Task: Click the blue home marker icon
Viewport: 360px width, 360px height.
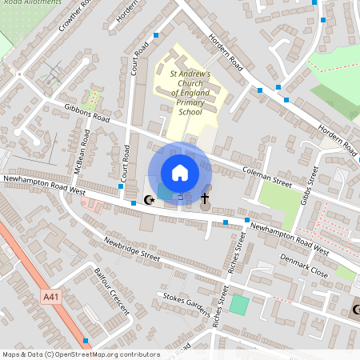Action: tap(180, 173)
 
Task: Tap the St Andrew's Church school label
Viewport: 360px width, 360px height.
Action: tap(190, 93)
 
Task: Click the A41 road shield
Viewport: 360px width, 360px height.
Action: tap(50, 297)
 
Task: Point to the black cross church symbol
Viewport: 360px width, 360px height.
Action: tap(205, 198)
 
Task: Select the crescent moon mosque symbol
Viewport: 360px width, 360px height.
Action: tap(147, 198)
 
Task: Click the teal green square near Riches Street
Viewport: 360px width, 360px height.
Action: tap(239, 304)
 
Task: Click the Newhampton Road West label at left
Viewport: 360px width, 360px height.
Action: tap(44, 185)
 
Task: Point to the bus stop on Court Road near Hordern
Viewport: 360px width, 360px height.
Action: tap(155, 35)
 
